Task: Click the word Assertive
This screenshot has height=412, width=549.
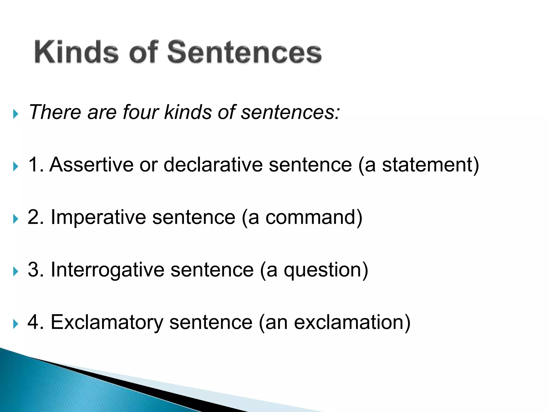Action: pyautogui.click(x=91, y=164)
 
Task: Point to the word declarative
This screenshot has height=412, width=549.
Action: pyautogui.click(x=213, y=164)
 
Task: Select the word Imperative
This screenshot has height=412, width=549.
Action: pyautogui.click(x=98, y=217)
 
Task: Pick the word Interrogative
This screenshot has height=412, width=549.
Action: pyautogui.click(x=107, y=270)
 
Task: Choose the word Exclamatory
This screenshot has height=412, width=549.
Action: pyautogui.click(x=107, y=322)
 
